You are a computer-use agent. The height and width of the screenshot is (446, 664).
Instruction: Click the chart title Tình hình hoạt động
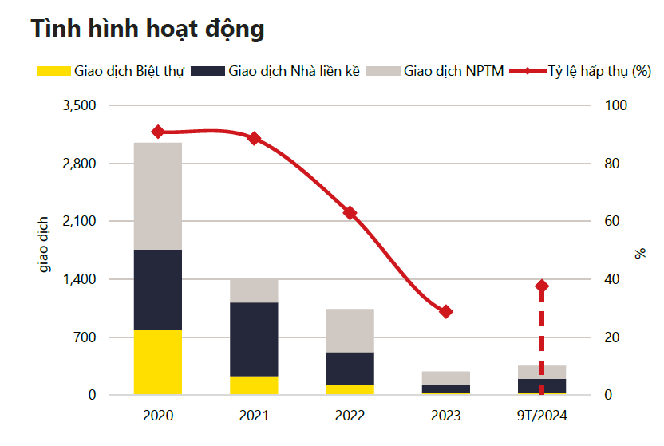pos(148,29)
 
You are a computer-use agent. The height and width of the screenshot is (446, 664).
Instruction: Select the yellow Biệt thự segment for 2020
pos(158,361)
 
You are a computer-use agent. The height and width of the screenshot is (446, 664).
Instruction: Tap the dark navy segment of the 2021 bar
pos(254,339)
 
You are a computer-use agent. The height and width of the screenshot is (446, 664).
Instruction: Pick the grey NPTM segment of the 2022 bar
pos(350,330)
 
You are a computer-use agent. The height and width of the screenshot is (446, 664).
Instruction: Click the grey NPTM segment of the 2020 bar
pos(158,195)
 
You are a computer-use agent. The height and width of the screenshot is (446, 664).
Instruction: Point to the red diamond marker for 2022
pos(350,213)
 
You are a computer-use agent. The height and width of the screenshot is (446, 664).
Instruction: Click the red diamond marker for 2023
pos(446,311)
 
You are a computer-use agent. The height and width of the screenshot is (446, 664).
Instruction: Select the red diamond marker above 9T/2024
pos(542,286)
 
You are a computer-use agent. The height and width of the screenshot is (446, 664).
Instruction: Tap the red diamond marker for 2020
pos(158,132)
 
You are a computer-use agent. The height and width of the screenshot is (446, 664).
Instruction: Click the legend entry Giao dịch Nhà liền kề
pos(283,71)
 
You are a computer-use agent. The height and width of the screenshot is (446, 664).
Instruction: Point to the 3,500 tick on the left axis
pos(79,105)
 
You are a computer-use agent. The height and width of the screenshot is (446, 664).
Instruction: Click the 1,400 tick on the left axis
pos(79,279)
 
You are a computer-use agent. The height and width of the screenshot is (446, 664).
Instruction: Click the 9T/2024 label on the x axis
pos(542,416)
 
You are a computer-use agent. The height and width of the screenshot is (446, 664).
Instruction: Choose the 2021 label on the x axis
pos(254,416)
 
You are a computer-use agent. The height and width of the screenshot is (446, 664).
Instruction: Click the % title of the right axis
pos(640,253)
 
